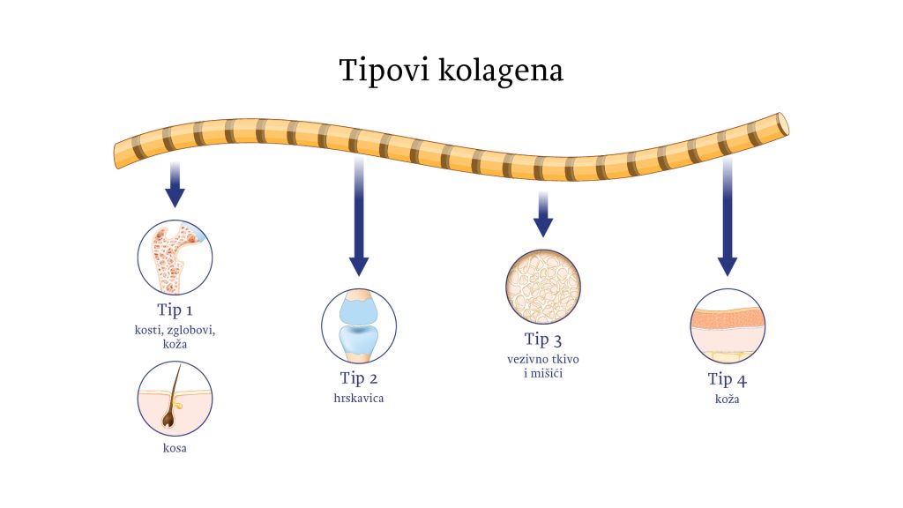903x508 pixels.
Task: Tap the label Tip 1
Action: point(175,310)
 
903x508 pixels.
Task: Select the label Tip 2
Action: point(359,379)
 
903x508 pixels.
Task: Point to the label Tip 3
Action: point(542,340)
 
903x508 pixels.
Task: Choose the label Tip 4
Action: point(727,380)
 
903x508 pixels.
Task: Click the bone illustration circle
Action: point(175,257)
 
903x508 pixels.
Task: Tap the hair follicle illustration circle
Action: point(175,399)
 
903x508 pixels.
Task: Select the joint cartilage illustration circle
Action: point(359,325)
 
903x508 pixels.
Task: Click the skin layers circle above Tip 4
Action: point(727,326)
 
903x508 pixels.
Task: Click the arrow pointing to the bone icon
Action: point(175,184)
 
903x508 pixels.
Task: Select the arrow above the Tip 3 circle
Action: point(543,213)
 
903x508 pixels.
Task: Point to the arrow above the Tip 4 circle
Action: point(727,220)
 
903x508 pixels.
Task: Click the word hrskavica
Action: point(359,399)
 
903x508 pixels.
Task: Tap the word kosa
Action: point(175,448)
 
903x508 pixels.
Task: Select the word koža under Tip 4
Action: point(727,400)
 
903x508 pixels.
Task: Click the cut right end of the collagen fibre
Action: point(782,123)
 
